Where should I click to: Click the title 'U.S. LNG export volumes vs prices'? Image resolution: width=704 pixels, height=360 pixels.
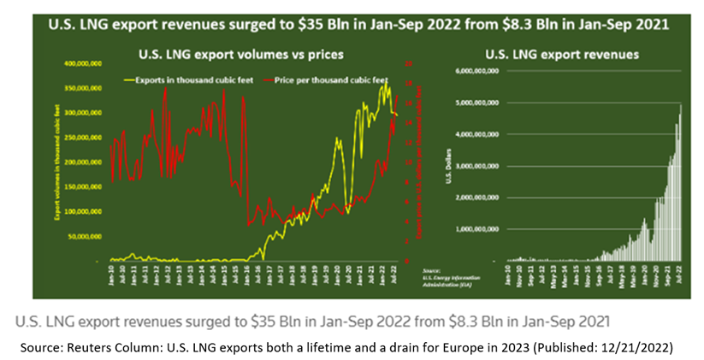241,55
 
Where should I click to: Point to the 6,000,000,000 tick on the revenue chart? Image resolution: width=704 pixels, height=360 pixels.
480,71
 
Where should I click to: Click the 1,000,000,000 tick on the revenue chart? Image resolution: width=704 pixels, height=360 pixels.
480,228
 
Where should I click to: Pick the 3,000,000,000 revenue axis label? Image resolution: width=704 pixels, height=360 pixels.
480,165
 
